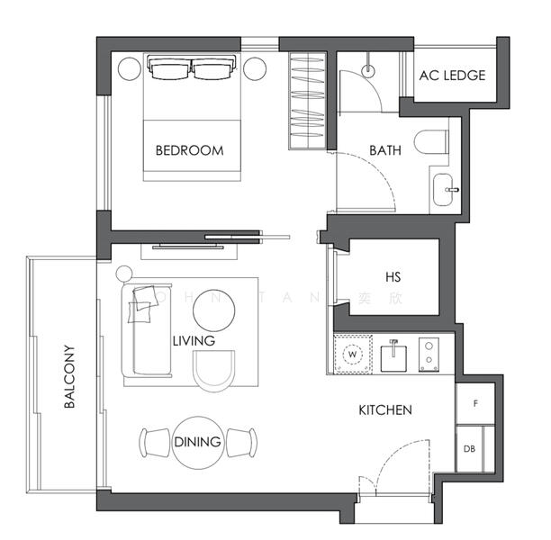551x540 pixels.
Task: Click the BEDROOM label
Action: coord(189,150)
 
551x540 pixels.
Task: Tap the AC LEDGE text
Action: coord(452,76)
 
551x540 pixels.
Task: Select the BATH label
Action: coord(385,150)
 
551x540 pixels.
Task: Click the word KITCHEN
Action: coord(385,410)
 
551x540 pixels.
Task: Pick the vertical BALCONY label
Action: coord(69,377)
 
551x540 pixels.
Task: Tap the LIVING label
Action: coord(194,341)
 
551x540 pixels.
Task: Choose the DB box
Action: coord(470,449)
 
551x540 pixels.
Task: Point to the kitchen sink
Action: coord(393,356)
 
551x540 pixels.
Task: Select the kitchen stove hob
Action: coord(430,354)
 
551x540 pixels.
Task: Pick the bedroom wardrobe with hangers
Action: coord(306,101)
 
